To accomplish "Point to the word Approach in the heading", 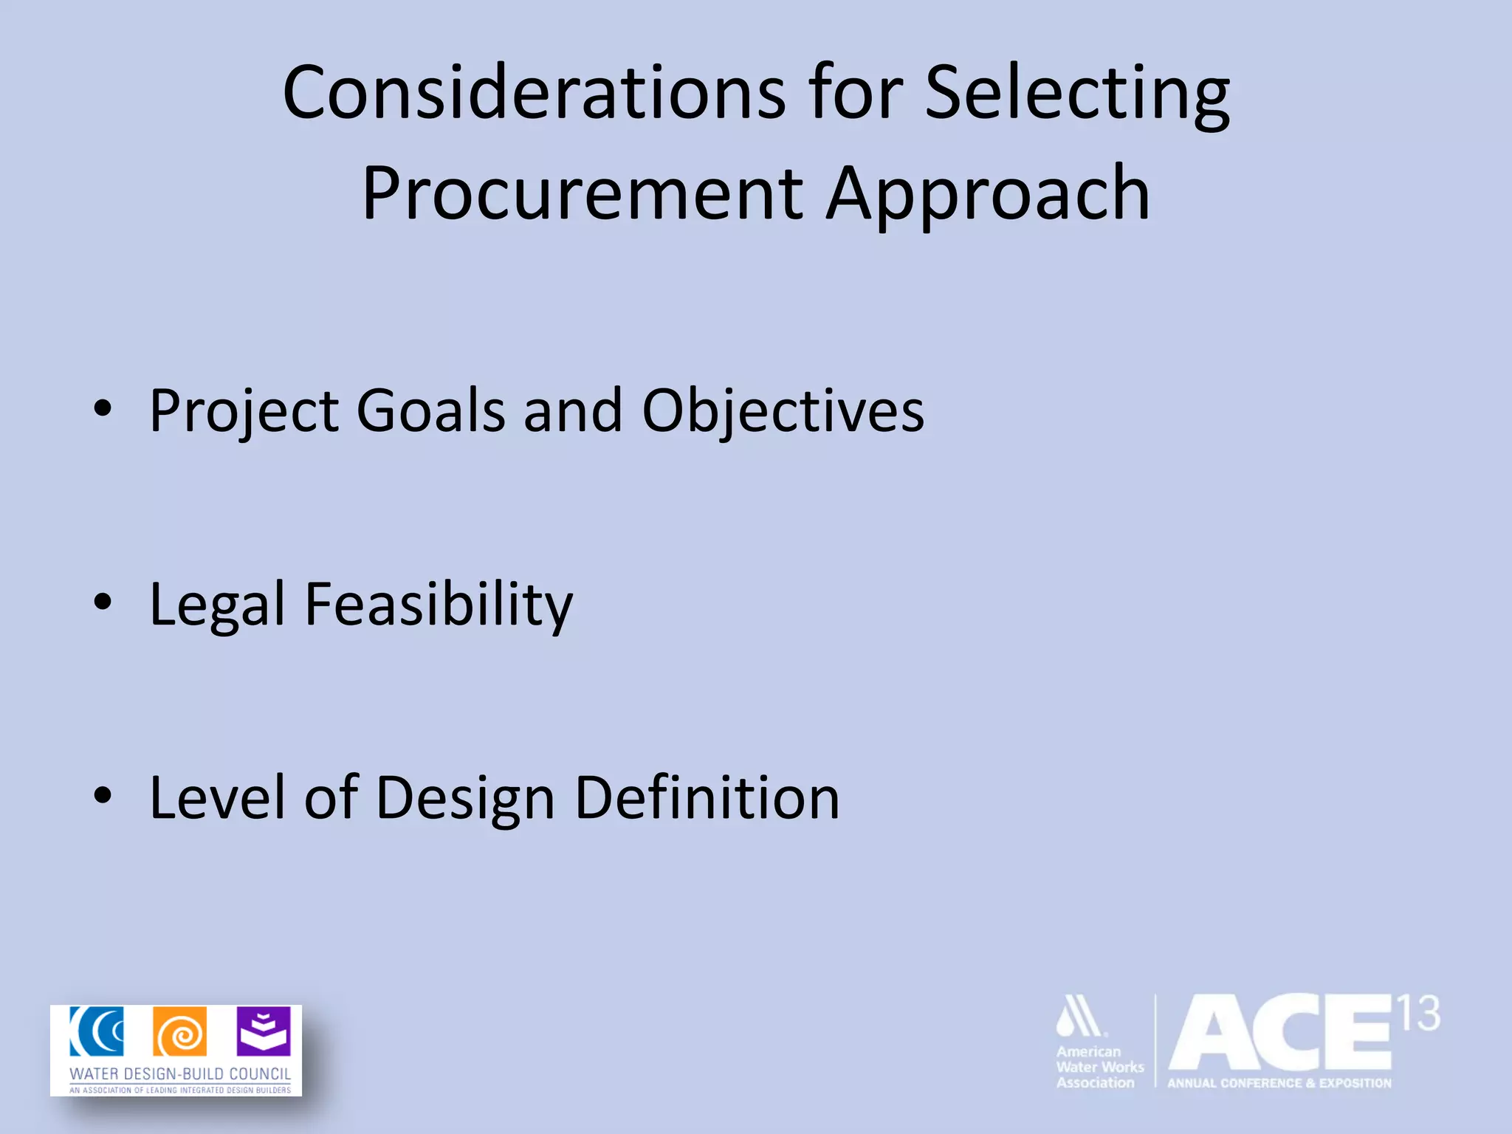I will point(988,193).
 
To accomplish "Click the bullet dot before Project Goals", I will point(103,408).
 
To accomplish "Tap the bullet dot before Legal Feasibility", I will point(103,602).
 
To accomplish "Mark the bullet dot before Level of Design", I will point(103,795).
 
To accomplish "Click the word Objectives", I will point(783,410).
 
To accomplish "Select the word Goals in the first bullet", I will point(430,410).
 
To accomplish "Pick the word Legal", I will point(217,604).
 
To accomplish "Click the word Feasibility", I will point(439,604).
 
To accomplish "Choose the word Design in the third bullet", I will point(465,797).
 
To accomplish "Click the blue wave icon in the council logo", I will point(97,1031).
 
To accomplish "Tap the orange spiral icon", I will point(180,1031).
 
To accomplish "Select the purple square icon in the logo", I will point(264,1031).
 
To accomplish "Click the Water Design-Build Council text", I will point(180,1073).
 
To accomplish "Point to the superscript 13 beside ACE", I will point(1418,1014).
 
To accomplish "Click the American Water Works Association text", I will point(1099,1067).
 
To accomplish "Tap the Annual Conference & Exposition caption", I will point(1279,1083).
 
